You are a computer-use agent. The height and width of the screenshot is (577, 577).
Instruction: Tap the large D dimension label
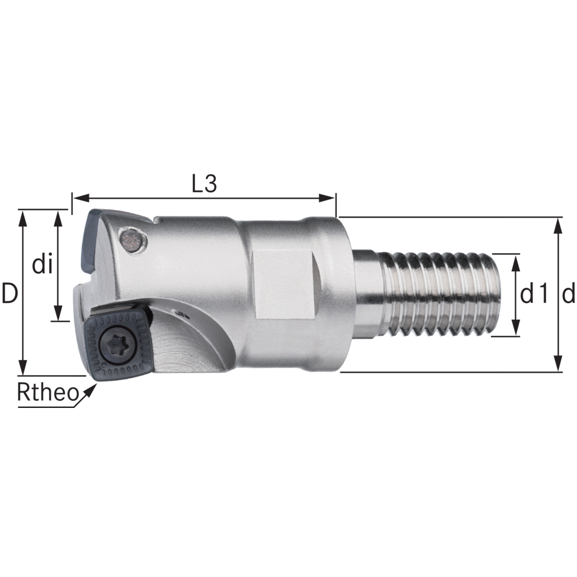[9, 293]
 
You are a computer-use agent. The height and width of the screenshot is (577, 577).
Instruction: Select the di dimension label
[43, 265]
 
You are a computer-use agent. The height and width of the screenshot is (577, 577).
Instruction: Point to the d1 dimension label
[534, 295]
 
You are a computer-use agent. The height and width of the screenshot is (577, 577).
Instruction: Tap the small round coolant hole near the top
[132, 239]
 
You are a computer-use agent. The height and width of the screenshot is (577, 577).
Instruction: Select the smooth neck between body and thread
[367, 294]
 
